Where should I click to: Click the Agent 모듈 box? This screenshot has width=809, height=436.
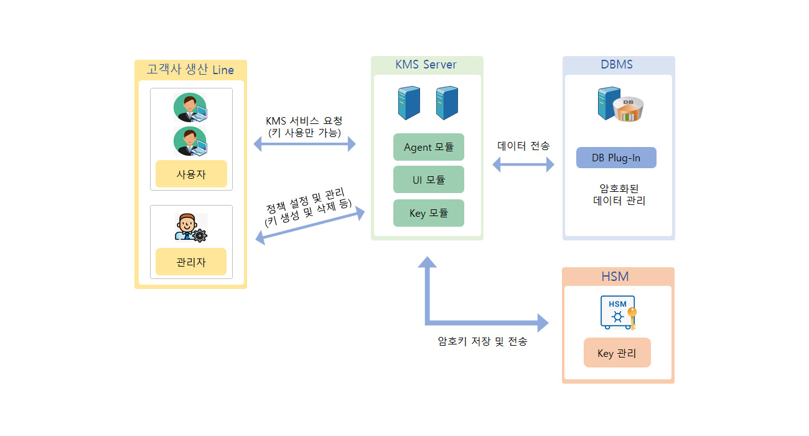tap(428, 147)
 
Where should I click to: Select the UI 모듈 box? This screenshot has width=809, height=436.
tap(428, 179)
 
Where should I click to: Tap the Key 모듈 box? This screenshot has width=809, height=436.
tap(428, 213)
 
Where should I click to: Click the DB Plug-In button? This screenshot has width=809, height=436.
tap(616, 158)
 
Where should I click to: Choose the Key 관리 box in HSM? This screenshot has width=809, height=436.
tap(617, 353)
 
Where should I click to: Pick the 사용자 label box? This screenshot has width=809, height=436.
tap(191, 174)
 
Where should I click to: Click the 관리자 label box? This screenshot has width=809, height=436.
tap(191, 262)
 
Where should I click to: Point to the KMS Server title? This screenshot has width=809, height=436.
tap(426, 64)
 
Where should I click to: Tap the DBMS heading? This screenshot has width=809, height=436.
tap(617, 64)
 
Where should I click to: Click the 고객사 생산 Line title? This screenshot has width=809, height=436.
tap(190, 69)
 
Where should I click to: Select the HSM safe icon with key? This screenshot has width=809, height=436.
tap(619, 313)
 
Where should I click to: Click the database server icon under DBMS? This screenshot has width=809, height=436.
tap(620, 104)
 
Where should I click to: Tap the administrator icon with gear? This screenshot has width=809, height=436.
tap(191, 227)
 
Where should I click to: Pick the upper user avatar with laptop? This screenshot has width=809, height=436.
tap(190, 107)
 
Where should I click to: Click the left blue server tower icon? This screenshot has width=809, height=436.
tap(409, 103)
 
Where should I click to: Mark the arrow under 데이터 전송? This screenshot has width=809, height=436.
tap(523, 164)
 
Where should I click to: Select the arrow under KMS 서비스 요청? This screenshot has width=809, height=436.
tap(304, 144)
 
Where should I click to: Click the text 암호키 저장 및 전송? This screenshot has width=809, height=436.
tap(482, 341)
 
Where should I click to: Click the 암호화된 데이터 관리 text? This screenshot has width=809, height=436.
tap(619, 194)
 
